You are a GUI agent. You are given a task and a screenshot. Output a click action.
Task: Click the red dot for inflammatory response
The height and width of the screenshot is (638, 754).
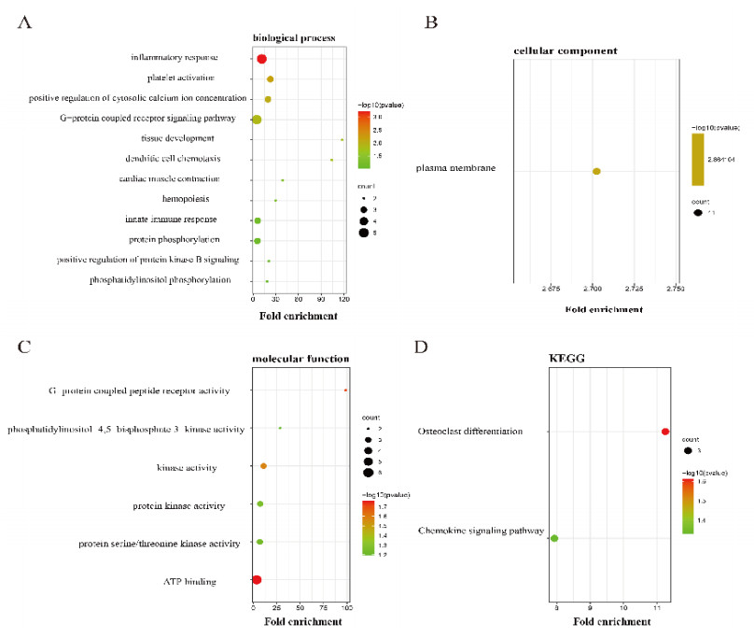pyautogui.click(x=262, y=59)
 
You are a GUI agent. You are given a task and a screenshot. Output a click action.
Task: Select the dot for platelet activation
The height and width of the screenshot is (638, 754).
pyautogui.click(x=271, y=79)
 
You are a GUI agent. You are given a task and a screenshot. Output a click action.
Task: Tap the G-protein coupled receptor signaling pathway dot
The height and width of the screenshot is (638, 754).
pyautogui.click(x=257, y=120)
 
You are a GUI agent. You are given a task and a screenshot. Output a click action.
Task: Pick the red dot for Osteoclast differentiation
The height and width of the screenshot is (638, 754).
pyautogui.click(x=665, y=432)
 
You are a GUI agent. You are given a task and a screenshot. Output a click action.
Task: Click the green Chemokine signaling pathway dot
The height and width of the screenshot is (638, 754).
pyautogui.click(x=554, y=538)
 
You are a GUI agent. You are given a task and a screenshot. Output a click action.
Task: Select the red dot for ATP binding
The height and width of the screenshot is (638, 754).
pyautogui.click(x=257, y=580)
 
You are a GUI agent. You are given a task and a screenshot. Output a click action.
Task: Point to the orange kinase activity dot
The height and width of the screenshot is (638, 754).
pyautogui.click(x=264, y=466)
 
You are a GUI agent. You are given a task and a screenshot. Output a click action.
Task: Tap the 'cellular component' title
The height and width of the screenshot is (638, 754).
pyautogui.click(x=562, y=49)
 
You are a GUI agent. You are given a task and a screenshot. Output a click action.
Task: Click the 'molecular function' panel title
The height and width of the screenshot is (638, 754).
pyautogui.click(x=301, y=358)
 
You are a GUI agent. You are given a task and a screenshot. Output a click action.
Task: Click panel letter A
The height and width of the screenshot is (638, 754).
pyautogui.click(x=25, y=24)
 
